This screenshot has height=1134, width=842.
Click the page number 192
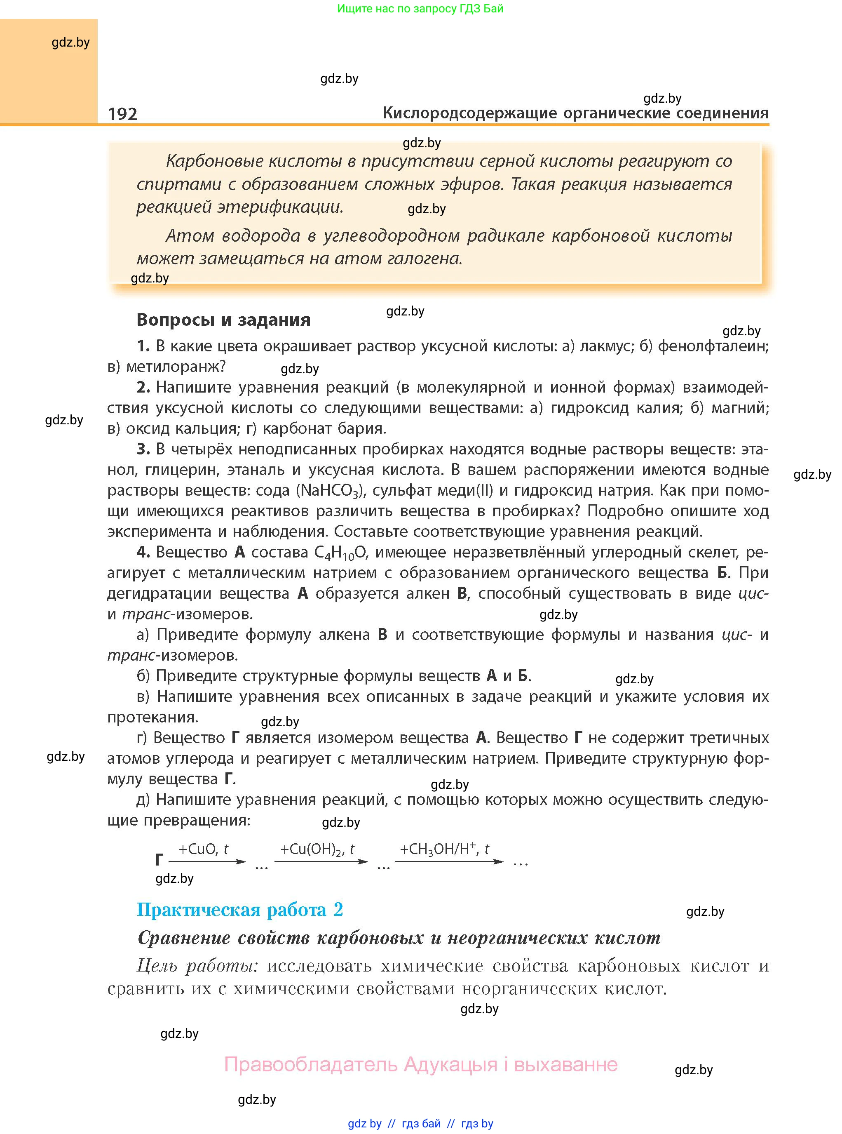pyautogui.click(x=122, y=114)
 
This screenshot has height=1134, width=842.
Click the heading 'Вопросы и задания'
pyautogui.click(x=223, y=320)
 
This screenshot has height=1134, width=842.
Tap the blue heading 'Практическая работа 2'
pyautogui.click(x=239, y=910)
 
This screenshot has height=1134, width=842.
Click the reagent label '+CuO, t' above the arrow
pyautogui.click(x=203, y=849)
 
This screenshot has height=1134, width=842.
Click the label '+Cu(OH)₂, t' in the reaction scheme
pyautogui.click(x=317, y=849)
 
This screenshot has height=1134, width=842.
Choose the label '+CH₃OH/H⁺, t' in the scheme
pyautogui.click(x=444, y=849)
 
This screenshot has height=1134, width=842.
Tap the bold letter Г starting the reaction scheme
pyautogui.click(x=159, y=860)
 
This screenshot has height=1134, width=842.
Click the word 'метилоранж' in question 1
pyautogui.click(x=172, y=367)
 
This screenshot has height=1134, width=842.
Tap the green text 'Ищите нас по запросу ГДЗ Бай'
pyautogui.click(x=420, y=9)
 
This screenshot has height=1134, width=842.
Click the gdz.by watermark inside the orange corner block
pyautogui.click(x=70, y=42)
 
